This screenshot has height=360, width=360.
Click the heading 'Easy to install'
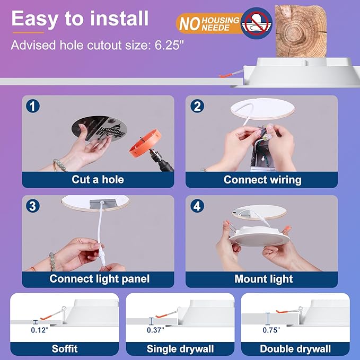pyautogui.click(x=80, y=19)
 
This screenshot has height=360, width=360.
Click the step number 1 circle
pyautogui.click(x=33, y=106)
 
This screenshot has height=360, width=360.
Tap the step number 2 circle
pyautogui.click(x=197, y=106)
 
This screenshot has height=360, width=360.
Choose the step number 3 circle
pyautogui.click(x=33, y=206)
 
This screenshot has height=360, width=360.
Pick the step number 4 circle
pyautogui.click(x=197, y=206)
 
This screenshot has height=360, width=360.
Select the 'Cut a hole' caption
pyautogui.click(x=98, y=179)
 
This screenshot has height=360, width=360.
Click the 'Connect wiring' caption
pyautogui.click(x=262, y=179)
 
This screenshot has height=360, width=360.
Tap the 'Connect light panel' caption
pyautogui.click(x=100, y=278)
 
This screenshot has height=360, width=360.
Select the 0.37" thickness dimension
pyautogui.click(x=155, y=330)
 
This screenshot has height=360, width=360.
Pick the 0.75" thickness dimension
pyautogui.click(x=271, y=330)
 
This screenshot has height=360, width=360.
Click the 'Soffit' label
pyautogui.click(x=65, y=348)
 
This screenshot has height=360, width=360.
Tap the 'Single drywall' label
pyautogui.click(x=180, y=348)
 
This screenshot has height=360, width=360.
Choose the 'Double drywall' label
pyautogui.click(x=295, y=348)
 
